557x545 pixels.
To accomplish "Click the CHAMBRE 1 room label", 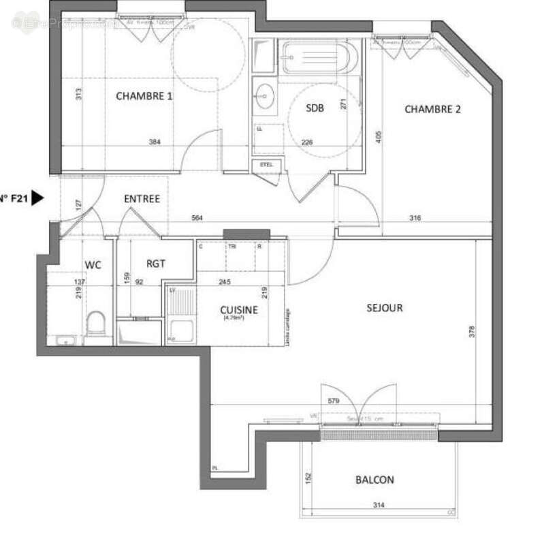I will (144, 96).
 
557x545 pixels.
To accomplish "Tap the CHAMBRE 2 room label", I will (433, 109).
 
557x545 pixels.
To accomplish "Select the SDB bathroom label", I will (315, 108).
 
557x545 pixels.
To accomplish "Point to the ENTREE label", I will (142, 199).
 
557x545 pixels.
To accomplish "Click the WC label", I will (93, 264).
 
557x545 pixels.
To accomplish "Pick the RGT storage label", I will (156, 264).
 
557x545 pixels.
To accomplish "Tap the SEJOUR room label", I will (384, 307).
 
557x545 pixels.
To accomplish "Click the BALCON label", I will (375, 480).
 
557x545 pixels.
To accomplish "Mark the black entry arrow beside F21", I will (38, 198).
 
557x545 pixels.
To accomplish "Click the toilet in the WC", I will (97, 323).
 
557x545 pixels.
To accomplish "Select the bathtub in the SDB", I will (319, 57).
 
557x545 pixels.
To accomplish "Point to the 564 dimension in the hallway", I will (196, 218).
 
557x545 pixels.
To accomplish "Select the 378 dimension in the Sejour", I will (471, 332).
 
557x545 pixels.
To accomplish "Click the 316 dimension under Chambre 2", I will (415, 218).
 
